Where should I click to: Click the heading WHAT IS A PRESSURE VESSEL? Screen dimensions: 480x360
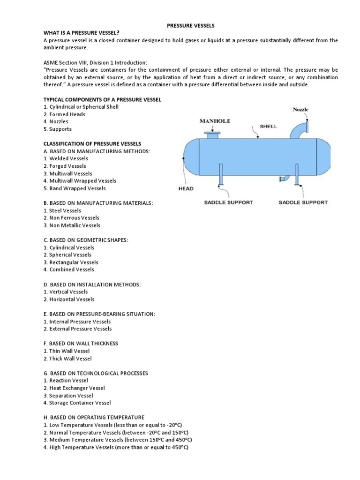coord(82,32)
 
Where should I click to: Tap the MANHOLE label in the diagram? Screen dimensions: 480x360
coord(215,121)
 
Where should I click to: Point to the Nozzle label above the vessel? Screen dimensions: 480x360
coord(301,110)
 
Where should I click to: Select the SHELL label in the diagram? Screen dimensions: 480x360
coord(269,127)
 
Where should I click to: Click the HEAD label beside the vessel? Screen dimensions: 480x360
coord(186,188)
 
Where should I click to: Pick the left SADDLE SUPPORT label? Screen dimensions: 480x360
coord(228,202)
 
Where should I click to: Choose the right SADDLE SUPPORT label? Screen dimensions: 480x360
coord(303,202)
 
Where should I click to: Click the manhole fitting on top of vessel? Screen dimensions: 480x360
coord(212,135)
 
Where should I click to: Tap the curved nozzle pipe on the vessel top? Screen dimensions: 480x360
coord(297,129)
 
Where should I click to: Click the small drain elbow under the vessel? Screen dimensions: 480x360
coord(283,178)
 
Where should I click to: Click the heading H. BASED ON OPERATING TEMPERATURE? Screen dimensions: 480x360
coord(94,417)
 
